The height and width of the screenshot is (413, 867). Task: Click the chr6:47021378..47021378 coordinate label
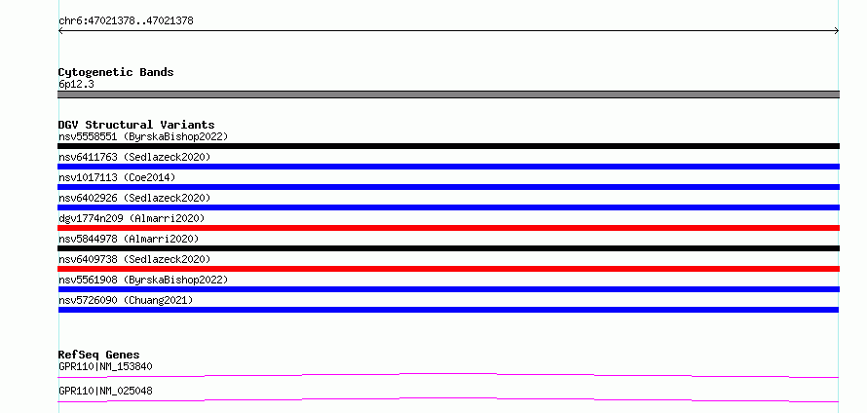click(126, 21)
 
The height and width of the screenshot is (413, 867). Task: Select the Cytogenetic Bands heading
click(116, 72)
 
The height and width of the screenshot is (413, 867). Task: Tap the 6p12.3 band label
click(76, 85)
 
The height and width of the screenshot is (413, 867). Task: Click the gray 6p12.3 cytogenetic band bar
click(448, 94)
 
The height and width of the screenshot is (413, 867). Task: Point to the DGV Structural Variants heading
click(136, 125)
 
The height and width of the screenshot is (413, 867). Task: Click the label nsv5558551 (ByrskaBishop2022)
click(143, 136)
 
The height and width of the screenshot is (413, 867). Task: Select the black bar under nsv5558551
click(448, 146)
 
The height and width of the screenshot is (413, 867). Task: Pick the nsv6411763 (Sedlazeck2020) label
click(134, 157)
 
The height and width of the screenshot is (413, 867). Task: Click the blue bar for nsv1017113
click(448, 187)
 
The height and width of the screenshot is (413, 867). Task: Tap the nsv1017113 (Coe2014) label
click(117, 177)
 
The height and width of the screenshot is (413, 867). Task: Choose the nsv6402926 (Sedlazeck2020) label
click(134, 198)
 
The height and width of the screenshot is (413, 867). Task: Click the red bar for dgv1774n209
click(448, 228)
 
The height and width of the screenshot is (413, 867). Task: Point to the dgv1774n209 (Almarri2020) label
click(132, 218)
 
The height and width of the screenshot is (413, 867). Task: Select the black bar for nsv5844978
click(448, 248)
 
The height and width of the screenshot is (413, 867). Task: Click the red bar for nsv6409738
click(448, 269)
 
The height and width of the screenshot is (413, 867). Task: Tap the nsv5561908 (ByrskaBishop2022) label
click(143, 280)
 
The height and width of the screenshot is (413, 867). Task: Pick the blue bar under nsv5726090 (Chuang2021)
click(448, 310)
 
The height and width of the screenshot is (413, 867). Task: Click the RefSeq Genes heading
click(99, 355)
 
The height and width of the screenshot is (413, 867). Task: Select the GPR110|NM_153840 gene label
click(105, 366)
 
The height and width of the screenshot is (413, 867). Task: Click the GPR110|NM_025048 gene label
click(105, 391)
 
